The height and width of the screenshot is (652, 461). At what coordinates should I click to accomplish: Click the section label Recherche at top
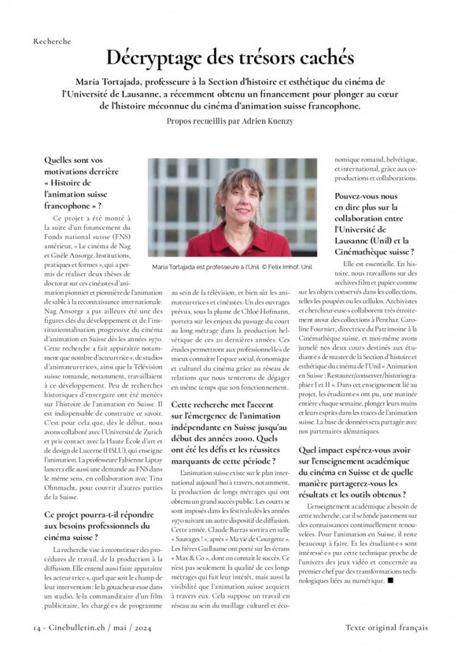tap(52, 41)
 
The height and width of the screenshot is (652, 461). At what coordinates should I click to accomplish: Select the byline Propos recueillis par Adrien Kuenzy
tap(230, 121)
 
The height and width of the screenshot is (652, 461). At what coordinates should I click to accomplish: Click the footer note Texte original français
tap(386, 627)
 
